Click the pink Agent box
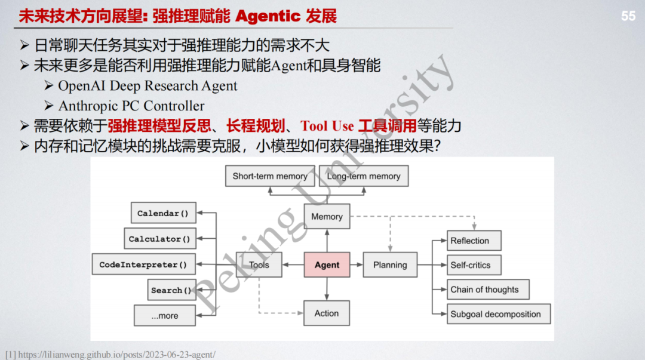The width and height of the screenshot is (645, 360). [x=327, y=265]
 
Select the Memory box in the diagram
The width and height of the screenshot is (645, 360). [x=327, y=217]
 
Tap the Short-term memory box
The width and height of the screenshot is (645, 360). [x=270, y=176]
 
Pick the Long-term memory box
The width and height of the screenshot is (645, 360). [x=364, y=176]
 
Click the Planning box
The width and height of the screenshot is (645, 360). [x=390, y=265]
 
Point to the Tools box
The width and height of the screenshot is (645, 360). [x=259, y=265]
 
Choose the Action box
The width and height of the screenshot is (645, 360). [x=327, y=313]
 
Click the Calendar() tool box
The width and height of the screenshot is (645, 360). [x=163, y=213]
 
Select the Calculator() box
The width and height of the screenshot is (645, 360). [x=159, y=239]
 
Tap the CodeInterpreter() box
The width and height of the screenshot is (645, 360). [x=143, y=264]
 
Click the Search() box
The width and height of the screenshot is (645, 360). [x=171, y=290]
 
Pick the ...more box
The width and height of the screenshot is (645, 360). [x=165, y=316]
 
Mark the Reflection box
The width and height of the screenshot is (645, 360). [x=474, y=241]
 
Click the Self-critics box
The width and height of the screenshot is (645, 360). [x=474, y=265]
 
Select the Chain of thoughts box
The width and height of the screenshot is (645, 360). [x=488, y=290]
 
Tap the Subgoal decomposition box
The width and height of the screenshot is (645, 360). [x=499, y=314]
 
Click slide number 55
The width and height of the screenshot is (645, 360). [x=628, y=16]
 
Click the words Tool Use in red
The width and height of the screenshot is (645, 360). [x=327, y=126]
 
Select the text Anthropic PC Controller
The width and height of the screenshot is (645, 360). [x=131, y=106]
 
